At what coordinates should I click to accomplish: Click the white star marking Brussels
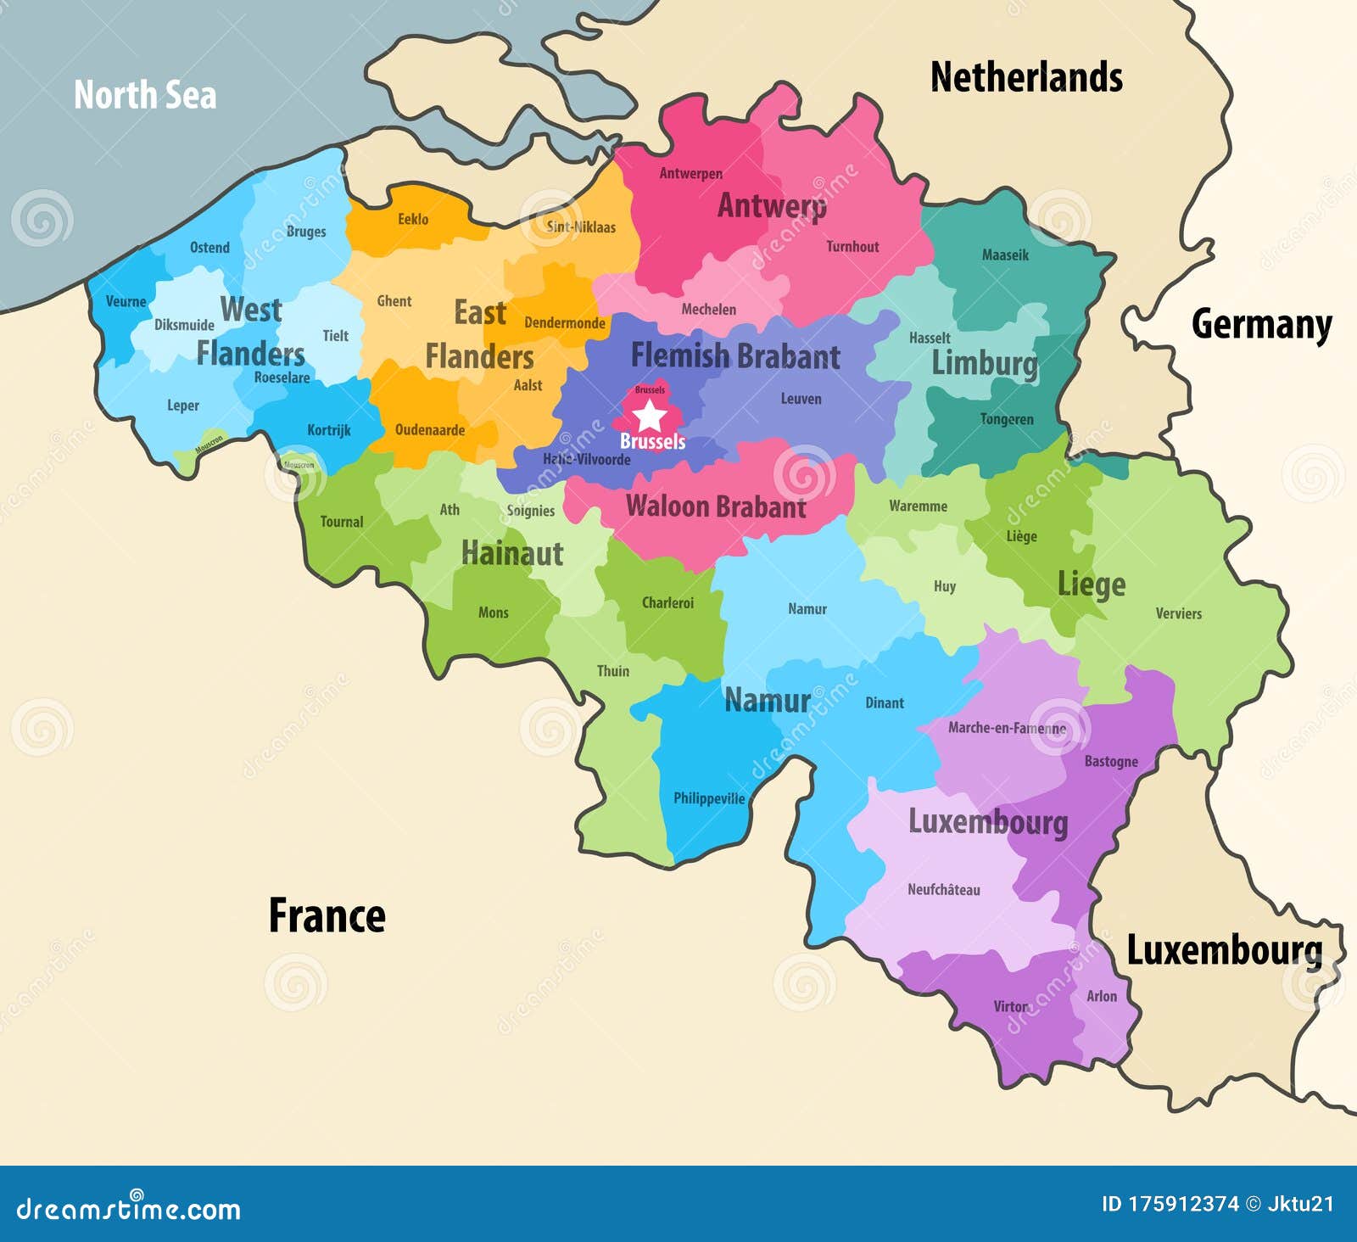point(650,416)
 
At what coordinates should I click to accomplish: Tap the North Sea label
point(145,94)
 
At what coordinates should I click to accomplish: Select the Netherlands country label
point(1026,77)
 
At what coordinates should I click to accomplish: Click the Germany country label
point(1261,324)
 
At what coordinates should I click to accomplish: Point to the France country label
point(327,915)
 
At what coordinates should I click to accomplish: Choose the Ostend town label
point(209,248)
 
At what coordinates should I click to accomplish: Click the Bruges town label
point(306,232)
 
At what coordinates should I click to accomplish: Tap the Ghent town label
point(394,301)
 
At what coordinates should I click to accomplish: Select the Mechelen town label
point(708,310)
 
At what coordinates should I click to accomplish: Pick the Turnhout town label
point(852,247)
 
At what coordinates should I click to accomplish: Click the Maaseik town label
point(1005,255)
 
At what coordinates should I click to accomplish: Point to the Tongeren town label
point(1007,419)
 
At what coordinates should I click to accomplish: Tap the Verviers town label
point(1178,613)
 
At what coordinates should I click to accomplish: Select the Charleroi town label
point(667,603)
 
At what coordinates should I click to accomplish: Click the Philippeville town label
point(709,798)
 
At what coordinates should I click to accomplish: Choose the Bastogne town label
point(1111,762)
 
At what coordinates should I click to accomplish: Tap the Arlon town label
point(1102,996)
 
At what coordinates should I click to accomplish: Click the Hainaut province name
point(512,553)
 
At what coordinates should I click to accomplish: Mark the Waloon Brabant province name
point(716,506)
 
